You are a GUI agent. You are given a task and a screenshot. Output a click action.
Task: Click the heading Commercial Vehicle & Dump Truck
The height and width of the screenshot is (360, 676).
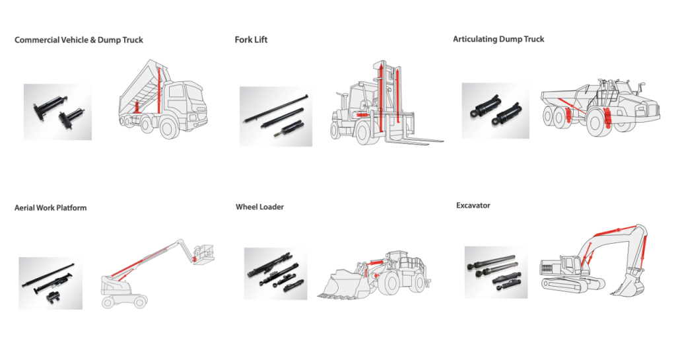pyautogui.click(x=79, y=40)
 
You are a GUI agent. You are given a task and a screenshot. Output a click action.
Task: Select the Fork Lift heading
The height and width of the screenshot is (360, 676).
pyautogui.click(x=251, y=40)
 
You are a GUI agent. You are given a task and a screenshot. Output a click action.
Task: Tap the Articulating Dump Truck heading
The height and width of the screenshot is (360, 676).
pyautogui.click(x=498, y=39)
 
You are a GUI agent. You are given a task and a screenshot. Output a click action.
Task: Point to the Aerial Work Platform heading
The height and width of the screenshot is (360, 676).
pyautogui.click(x=50, y=207)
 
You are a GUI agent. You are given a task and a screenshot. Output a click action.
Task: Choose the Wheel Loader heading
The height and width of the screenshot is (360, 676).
pyautogui.click(x=259, y=207)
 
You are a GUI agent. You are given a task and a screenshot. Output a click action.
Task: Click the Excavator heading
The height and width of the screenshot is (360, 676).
pyautogui.click(x=473, y=205)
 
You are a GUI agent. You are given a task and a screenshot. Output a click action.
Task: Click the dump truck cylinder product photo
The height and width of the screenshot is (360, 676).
pyautogui.click(x=57, y=112)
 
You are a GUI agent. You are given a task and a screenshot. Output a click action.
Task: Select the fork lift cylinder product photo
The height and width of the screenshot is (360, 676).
pyautogui.click(x=275, y=116)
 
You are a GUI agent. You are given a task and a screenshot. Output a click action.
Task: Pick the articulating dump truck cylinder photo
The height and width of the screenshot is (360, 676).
pyautogui.click(x=495, y=110)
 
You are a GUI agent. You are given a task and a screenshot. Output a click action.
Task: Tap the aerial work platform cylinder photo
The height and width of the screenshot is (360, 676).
pyautogui.click(x=50, y=283)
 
